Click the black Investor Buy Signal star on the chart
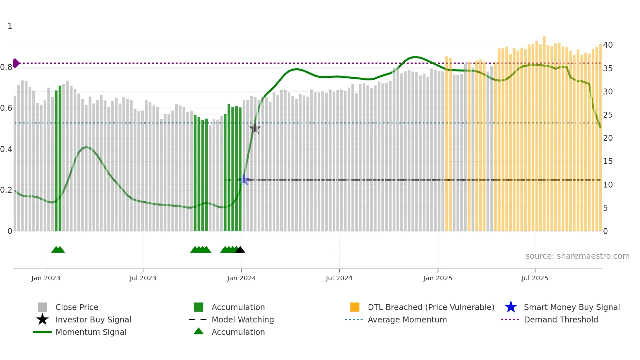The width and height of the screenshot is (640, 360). point(255,128)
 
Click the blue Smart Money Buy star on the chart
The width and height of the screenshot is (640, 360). point(244,180)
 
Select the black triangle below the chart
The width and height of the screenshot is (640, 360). point(240,250)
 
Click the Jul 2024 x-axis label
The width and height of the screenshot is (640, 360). point(339,278)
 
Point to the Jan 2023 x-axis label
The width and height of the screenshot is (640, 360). point(46,278)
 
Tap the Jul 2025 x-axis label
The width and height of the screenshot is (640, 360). point(535,278)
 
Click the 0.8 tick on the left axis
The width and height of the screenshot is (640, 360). point(6,67)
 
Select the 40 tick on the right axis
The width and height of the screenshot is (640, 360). point(608,45)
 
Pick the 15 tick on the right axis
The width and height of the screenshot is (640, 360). point(608,161)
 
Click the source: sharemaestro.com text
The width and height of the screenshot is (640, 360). point(577,256)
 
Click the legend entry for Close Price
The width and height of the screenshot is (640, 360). point(77,307)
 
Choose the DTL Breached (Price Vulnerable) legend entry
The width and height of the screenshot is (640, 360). point(431,307)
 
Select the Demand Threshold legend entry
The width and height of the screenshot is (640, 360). point(561,319)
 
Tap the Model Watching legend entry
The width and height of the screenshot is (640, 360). point(243,319)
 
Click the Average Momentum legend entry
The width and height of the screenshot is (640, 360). point(407,319)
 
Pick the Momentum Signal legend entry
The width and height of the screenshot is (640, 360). point(91,332)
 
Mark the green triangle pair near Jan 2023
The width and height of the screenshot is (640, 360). point(58,250)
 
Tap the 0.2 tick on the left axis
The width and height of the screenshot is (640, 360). point(6,190)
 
